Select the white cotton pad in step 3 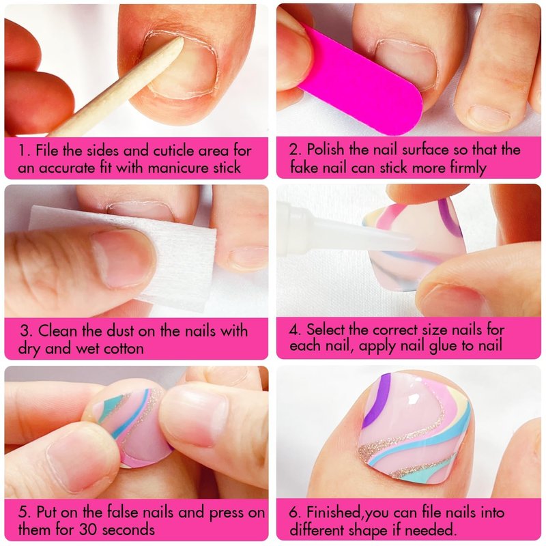(x=139, y=258)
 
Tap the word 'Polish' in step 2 (x=326, y=149)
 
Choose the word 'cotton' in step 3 (x=124, y=349)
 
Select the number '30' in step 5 (x=88, y=530)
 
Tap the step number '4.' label (x=296, y=330)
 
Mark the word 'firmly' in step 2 (x=468, y=168)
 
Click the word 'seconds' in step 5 (x=128, y=530)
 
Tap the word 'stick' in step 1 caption (x=227, y=168)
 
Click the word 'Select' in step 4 (x=326, y=330)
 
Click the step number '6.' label (x=296, y=513)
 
